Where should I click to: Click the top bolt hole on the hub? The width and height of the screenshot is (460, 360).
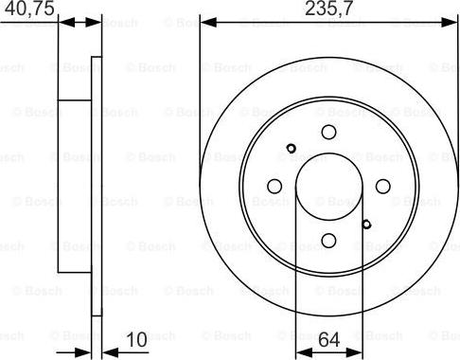[x=328, y=133]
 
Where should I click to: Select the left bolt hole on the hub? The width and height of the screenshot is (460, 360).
[x=274, y=187]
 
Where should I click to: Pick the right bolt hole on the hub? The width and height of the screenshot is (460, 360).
[x=382, y=187]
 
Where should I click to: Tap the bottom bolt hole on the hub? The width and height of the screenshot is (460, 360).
[x=328, y=241]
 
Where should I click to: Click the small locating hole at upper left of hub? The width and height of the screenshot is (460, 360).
[x=292, y=147]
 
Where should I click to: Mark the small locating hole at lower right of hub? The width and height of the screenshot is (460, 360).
[x=366, y=225]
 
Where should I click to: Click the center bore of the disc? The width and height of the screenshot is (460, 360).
[x=328, y=186]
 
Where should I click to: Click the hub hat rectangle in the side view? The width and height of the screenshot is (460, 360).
[x=75, y=186]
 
